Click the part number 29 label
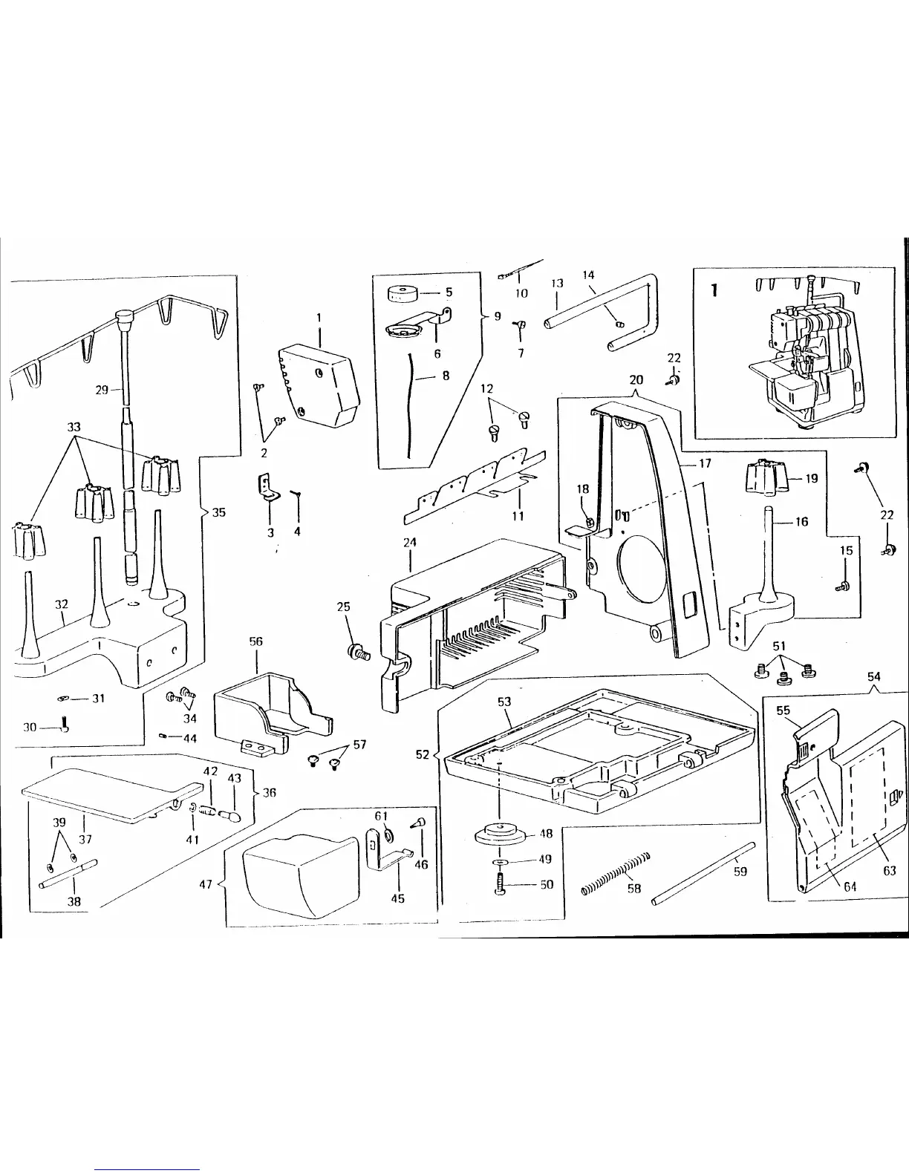(102, 390)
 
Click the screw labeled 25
(359, 653)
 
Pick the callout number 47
(206, 884)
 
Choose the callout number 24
(409, 543)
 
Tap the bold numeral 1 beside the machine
(714, 290)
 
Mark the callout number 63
(889, 871)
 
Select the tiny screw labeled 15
(842, 587)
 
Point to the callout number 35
(219, 512)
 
